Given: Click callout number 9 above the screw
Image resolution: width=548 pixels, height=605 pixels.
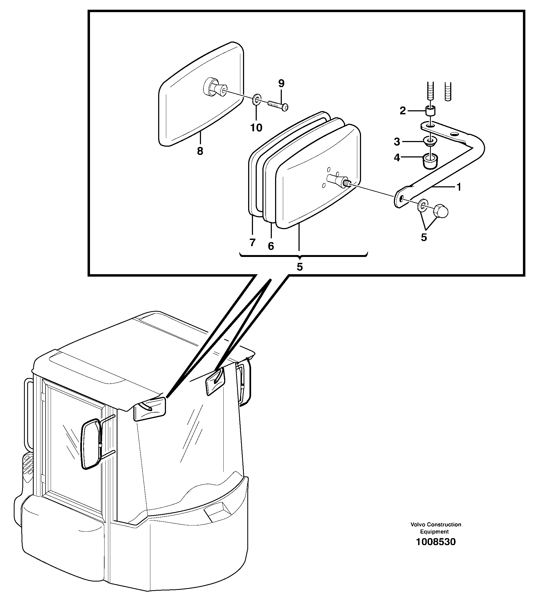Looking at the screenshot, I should (281, 83).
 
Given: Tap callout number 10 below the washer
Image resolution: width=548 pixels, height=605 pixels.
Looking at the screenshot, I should (256, 128).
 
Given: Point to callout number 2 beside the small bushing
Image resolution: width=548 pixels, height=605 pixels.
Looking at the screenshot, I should (403, 111).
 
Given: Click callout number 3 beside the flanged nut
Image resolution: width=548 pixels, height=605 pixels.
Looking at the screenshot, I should (397, 142).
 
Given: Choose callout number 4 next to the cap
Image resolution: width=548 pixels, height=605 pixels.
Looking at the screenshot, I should (397, 157).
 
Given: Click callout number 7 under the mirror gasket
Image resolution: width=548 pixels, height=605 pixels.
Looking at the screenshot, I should (252, 242).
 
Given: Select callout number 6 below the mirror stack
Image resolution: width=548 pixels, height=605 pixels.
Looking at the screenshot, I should (271, 246).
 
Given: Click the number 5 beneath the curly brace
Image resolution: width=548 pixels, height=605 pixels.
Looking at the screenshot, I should (300, 267).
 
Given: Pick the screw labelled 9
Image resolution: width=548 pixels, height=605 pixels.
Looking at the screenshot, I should (278, 105).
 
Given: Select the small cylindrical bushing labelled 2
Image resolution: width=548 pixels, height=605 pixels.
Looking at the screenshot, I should (431, 111).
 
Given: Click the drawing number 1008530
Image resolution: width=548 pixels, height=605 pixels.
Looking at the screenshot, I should (436, 542).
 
